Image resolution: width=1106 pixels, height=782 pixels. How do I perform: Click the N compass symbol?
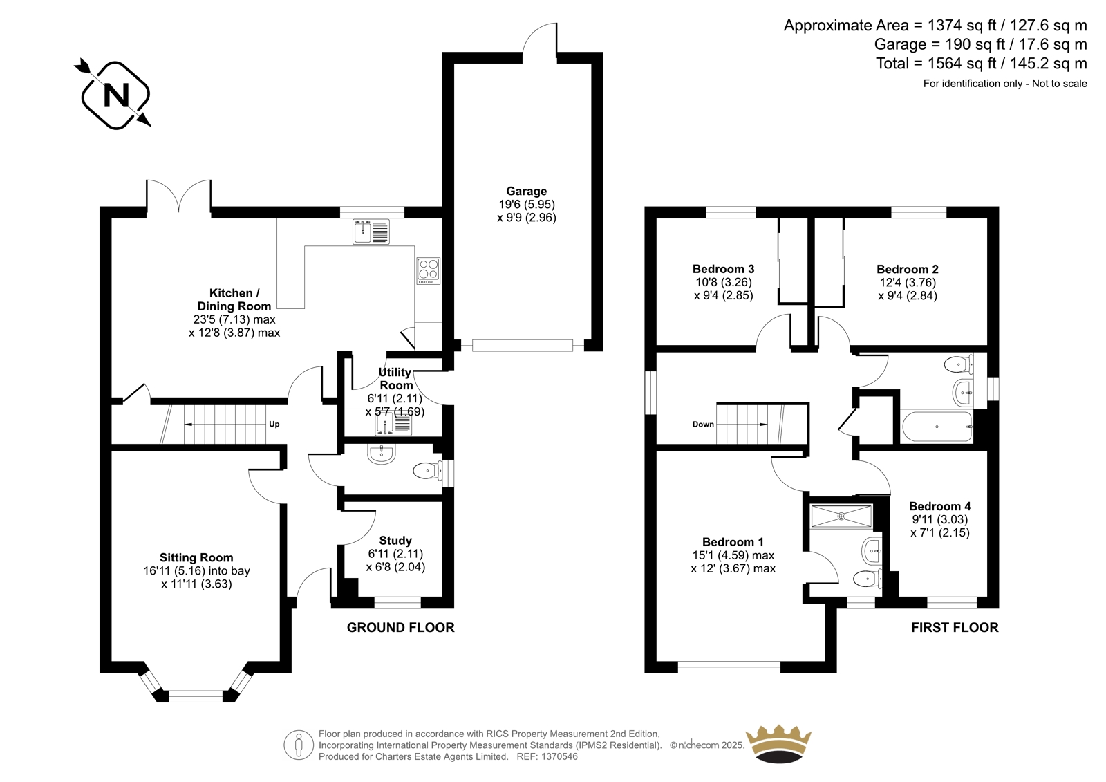pyautogui.click(x=115, y=94)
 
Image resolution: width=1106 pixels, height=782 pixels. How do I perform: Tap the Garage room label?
pyautogui.click(x=526, y=191)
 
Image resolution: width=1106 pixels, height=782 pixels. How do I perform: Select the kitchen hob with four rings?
pyautogui.click(x=428, y=271)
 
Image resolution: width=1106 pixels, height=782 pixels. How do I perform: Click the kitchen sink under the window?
pyautogui.click(x=371, y=232)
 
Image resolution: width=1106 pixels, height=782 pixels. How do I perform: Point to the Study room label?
pyautogui.click(x=395, y=541)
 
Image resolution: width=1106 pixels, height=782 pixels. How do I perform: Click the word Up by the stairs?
pyautogui.click(x=274, y=424)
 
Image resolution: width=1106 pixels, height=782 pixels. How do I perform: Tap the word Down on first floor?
pyautogui.click(x=703, y=425)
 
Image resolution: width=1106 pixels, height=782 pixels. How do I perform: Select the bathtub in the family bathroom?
pyautogui.click(x=937, y=427)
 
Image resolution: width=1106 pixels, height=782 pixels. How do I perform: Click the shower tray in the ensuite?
pyautogui.click(x=841, y=516)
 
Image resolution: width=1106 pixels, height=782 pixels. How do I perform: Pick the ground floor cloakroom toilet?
pyautogui.click(x=428, y=471)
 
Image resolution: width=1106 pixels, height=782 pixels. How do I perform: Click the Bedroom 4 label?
pyautogui.click(x=939, y=506)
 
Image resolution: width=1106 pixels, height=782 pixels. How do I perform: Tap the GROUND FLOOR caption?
pyautogui.click(x=400, y=627)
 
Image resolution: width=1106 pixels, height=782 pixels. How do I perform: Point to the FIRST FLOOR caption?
pyautogui.click(x=955, y=627)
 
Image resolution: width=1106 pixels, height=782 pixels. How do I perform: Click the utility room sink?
pyautogui.click(x=393, y=424)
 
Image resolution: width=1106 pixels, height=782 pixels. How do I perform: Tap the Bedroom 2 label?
pyautogui.click(x=908, y=269)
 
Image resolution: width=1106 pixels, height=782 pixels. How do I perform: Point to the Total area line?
pyautogui.click(x=982, y=63)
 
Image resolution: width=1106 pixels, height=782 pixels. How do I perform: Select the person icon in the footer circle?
pyautogui.click(x=298, y=745)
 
